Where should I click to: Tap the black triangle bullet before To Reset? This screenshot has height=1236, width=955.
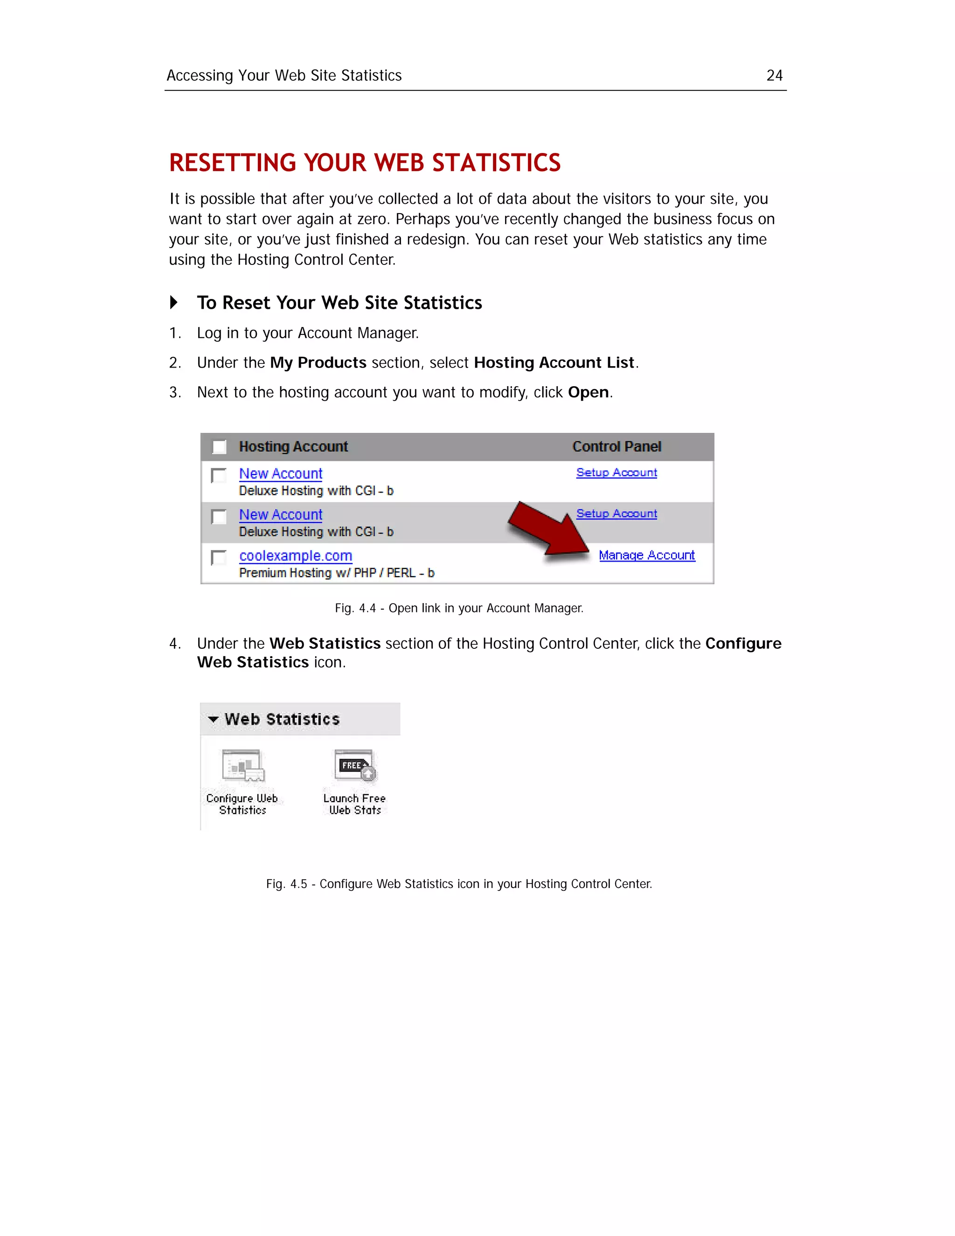pyautogui.click(x=173, y=302)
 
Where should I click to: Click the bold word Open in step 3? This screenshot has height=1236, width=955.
pyautogui.click(x=588, y=392)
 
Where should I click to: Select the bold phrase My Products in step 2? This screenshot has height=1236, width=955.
pyautogui.click(x=318, y=363)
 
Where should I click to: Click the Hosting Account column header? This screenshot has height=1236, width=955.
pyautogui.click(x=293, y=446)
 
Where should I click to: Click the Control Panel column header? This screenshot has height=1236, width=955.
pyautogui.click(x=616, y=446)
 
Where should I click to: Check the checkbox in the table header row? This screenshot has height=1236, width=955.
pyautogui.click(x=219, y=447)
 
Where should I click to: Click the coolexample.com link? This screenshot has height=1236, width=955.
pyautogui.click(x=295, y=556)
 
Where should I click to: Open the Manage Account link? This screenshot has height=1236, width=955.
pyautogui.click(x=646, y=555)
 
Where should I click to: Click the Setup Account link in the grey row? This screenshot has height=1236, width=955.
pyautogui.click(x=616, y=514)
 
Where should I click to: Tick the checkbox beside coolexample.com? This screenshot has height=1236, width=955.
pyautogui.click(x=218, y=557)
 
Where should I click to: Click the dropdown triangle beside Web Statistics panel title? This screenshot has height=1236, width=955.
pyautogui.click(x=213, y=719)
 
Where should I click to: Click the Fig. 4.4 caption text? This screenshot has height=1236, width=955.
pyautogui.click(x=459, y=608)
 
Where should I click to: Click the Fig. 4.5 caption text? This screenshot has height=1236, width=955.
pyautogui.click(x=459, y=884)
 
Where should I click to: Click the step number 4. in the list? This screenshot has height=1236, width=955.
pyautogui.click(x=175, y=644)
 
